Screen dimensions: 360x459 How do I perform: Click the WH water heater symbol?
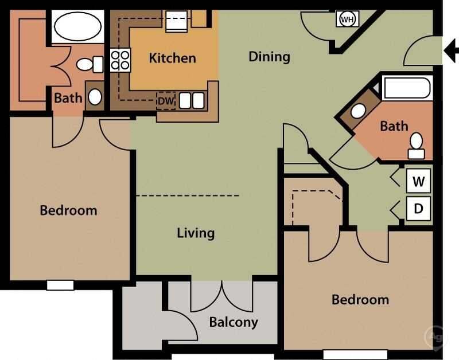347,19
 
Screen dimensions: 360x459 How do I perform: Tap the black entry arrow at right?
451,51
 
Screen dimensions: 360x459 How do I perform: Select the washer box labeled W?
419,182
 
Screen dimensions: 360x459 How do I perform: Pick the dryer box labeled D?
419,209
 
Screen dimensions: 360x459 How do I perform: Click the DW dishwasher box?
165,100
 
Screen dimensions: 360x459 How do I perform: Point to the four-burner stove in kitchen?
120,60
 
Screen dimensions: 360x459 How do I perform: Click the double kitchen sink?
192,101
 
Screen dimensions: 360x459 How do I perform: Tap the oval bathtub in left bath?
76,25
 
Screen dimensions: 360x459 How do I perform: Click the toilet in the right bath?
416,146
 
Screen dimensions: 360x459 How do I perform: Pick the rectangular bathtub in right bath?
407,89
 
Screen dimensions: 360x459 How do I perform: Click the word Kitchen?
172,58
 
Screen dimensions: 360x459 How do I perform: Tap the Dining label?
269,56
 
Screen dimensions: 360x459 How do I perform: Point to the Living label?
196,233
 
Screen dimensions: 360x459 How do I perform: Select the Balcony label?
233,322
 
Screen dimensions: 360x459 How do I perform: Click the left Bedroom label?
68,210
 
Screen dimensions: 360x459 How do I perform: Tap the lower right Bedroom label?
360,300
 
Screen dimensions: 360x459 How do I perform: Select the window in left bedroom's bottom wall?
60,284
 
